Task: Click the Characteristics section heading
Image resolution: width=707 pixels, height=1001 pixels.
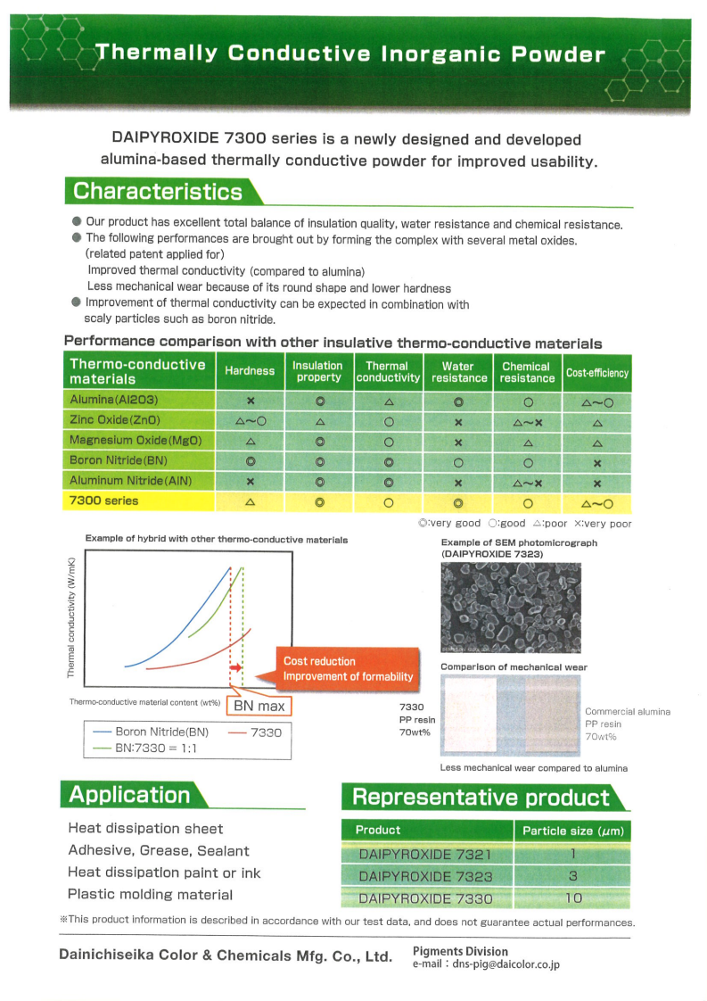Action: coord(158,191)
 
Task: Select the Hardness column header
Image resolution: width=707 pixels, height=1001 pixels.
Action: coord(250,371)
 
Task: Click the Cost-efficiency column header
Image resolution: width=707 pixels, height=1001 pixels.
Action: coord(597,373)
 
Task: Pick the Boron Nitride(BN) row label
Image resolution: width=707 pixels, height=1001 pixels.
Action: coord(119,460)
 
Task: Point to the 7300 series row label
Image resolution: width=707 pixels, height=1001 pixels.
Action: coord(104,500)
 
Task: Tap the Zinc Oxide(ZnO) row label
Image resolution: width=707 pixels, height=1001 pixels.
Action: coord(111,420)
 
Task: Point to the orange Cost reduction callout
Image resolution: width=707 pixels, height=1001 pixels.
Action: coord(348,668)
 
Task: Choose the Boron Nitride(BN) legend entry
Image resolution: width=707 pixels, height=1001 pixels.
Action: coord(152,732)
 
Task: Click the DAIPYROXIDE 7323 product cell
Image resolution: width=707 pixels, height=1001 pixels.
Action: coord(425,876)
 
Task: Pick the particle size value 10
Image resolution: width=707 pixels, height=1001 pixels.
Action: coord(573,898)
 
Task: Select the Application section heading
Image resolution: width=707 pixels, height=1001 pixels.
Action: coord(129,795)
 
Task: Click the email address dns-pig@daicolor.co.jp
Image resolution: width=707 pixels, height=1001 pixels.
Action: coord(495,964)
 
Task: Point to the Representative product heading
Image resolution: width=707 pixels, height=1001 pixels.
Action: coord(481,798)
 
